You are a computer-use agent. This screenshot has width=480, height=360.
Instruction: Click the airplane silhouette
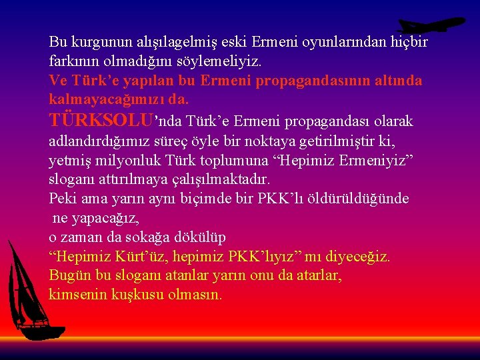pos(430,25)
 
